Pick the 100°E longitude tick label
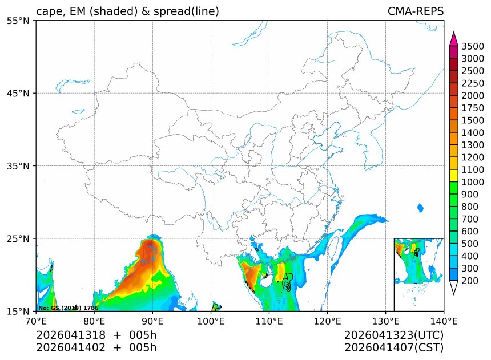tap(211, 321)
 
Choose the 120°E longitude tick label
tap(327, 321)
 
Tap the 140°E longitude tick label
tap(443, 321)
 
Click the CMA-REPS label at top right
tap(415, 11)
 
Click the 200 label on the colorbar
tap(469, 281)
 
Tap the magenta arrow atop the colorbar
tap(454, 39)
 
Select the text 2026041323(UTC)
tap(394, 335)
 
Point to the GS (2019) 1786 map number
tap(68, 308)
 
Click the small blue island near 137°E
tap(421, 208)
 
